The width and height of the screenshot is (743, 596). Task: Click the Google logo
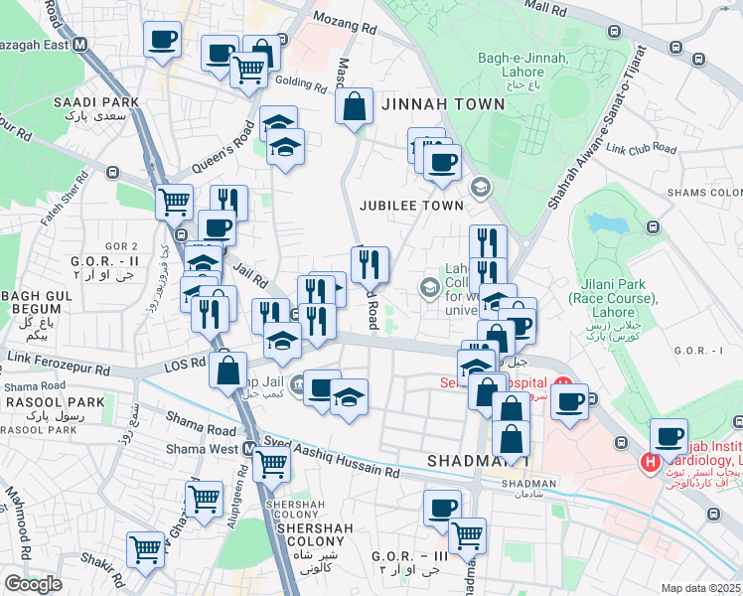coord(33,584)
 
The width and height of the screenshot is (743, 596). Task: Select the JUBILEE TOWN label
coord(412,205)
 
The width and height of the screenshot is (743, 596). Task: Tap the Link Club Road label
coord(641,150)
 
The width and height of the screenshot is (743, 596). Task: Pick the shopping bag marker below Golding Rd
coord(354,105)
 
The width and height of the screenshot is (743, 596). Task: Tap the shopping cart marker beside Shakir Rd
coord(146,549)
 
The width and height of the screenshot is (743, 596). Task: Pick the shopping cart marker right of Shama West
coord(270,462)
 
